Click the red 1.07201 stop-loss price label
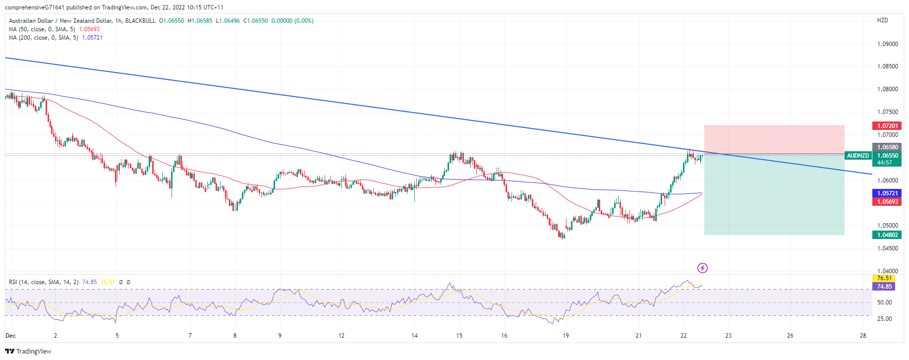click(887, 126)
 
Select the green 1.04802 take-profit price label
click(887, 235)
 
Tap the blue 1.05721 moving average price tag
click(887, 193)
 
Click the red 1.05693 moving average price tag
click(887, 202)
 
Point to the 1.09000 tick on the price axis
click(887, 44)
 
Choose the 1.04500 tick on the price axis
click(887, 248)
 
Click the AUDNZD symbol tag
click(857, 156)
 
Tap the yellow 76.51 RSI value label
click(885, 278)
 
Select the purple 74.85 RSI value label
click(885, 287)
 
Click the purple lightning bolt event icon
click(702, 268)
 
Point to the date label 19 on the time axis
click(566, 336)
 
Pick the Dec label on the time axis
click(10, 336)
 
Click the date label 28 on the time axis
click(863, 336)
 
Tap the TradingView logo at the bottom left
click(28, 351)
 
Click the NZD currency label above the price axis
click(882, 20)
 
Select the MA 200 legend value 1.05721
click(92, 38)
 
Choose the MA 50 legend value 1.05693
click(89, 29)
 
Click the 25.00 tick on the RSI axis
click(884, 319)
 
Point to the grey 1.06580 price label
click(887, 147)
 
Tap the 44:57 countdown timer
click(885, 163)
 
